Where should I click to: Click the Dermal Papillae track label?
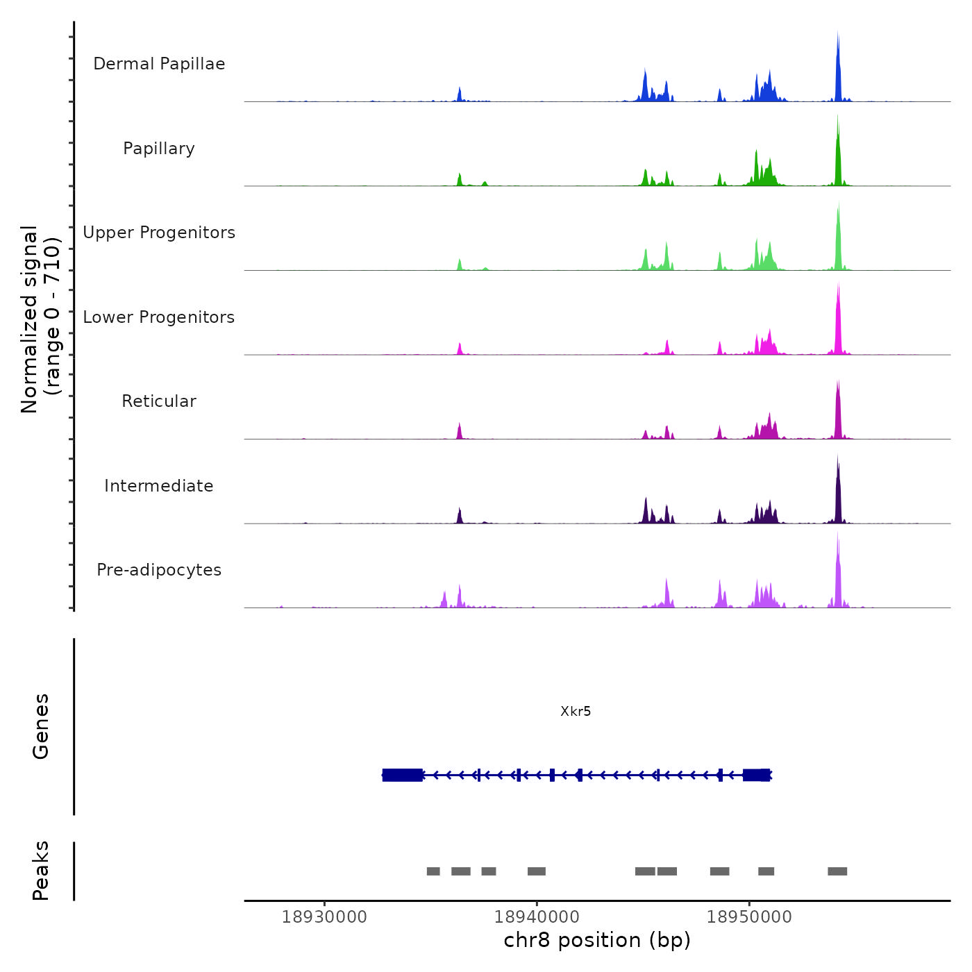click(159, 64)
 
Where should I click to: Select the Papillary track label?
click(159, 149)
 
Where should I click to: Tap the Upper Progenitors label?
click(159, 233)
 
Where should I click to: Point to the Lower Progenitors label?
click(159, 317)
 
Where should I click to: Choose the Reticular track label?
click(159, 401)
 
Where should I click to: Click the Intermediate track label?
click(159, 486)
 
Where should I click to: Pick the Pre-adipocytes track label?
click(159, 570)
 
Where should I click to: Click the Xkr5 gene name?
click(576, 712)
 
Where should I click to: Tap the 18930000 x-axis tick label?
click(324, 917)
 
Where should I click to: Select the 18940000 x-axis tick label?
click(537, 917)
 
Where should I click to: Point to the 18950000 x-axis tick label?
click(749, 917)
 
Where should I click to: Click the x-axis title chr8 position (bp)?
click(597, 941)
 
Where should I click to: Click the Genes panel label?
click(41, 726)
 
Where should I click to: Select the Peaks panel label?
click(41, 871)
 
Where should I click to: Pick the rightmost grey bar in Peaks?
click(837, 871)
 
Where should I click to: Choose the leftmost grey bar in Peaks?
click(433, 871)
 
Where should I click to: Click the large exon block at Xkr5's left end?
click(403, 775)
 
